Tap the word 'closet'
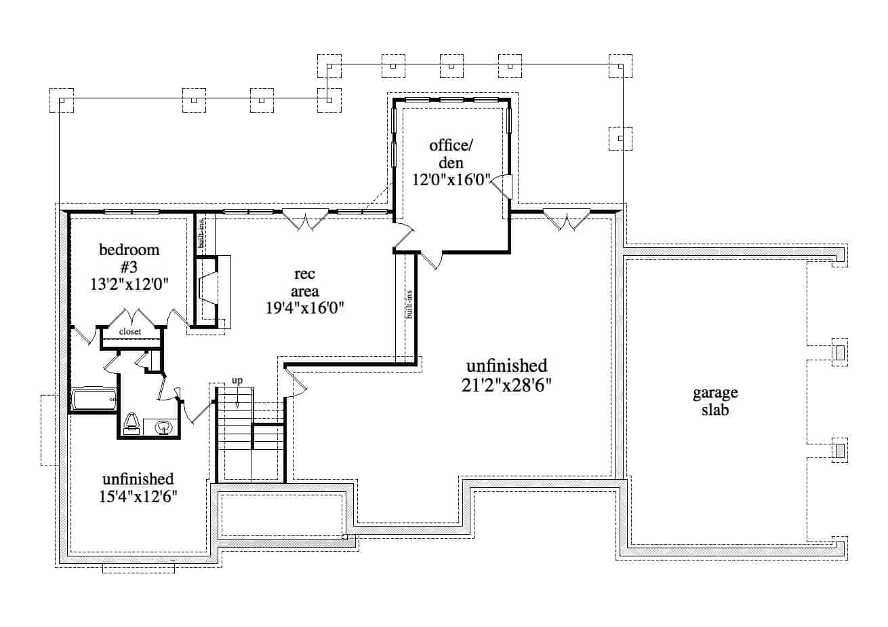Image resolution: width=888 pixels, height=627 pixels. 130,332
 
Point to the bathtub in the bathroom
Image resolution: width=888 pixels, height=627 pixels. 94,399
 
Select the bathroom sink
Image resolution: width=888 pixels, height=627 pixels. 163,427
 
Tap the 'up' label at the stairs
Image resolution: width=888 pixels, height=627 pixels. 237,381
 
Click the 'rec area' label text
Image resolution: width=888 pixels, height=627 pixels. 305,282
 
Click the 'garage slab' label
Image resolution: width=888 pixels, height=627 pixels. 715,401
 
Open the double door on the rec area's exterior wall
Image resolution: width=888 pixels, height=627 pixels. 305,220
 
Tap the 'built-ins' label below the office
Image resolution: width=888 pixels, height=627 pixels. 409,305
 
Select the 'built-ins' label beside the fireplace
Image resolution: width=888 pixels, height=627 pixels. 201,231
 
